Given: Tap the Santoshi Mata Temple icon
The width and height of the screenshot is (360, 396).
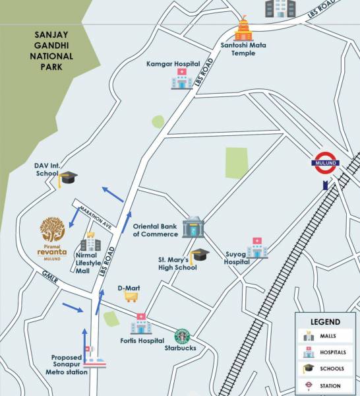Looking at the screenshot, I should point(244,28).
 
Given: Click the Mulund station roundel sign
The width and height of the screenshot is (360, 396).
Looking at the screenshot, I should point(326,165).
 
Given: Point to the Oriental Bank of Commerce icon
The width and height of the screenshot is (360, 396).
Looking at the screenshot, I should point(193,227).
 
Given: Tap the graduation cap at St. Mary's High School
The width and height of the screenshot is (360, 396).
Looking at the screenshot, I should point(198,255).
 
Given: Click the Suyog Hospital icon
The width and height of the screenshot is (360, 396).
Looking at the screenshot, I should point(256,248).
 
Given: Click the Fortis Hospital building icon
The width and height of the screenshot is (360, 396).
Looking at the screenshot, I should point(140,324).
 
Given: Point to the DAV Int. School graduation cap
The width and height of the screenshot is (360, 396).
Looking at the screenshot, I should point(67,178).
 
